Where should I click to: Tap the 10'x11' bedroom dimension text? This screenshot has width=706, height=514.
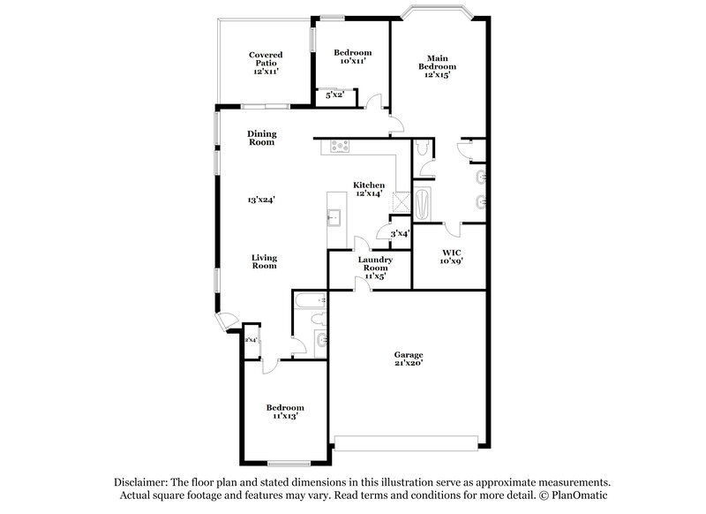tap(352, 63)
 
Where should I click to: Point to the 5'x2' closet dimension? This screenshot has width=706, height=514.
tap(335, 94)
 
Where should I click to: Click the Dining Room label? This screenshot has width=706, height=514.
tap(262, 138)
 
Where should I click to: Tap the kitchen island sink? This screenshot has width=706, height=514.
tap(334, 215)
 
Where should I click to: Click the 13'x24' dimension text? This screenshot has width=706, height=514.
tap(262, 200)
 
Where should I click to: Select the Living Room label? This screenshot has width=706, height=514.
tap(265, 262)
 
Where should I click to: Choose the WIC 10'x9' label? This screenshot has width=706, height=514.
tap(452, 256)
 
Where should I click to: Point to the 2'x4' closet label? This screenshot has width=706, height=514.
tap(251, 340)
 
